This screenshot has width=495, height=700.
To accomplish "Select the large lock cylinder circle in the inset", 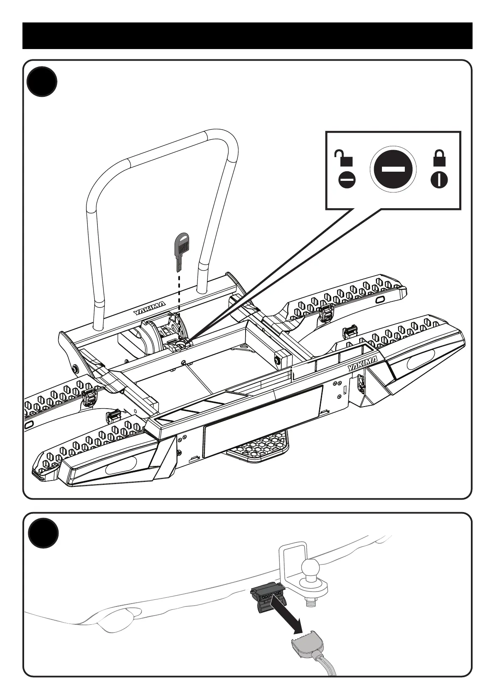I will click(393, 169).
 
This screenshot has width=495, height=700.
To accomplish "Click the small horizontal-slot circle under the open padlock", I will click(347, 180).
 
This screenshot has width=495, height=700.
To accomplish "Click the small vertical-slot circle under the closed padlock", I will click(439, 180).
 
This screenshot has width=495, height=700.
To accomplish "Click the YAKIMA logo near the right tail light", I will click(362, 363).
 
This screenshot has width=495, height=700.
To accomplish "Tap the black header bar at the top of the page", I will click(247, 36).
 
